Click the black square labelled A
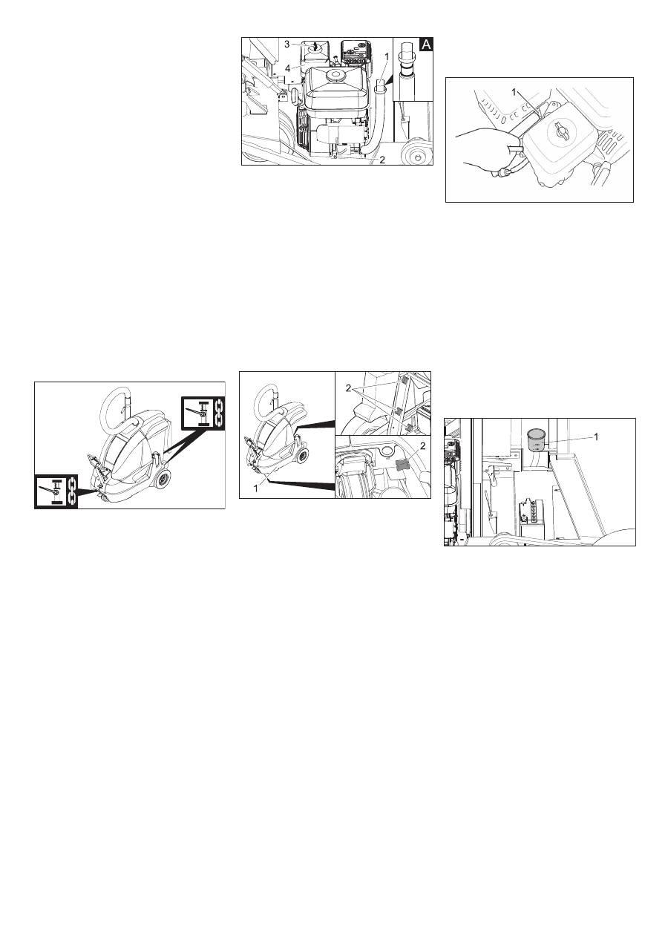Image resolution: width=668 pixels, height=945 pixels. tap(426, 45)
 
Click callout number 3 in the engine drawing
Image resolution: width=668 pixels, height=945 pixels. tap(286, 45)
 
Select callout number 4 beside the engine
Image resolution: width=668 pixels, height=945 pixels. tap(286, 68)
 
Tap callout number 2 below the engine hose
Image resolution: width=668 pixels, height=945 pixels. tap(382, 160)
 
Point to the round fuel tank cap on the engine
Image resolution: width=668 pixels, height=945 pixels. tap(335, 76)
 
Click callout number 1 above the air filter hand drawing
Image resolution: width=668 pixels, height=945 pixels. tap(514, 91)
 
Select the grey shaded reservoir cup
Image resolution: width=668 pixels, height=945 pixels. tap(537, 440)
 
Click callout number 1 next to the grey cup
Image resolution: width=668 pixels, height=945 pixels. tap(596, 437)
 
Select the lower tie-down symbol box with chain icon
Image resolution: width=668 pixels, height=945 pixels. tap(56, 491)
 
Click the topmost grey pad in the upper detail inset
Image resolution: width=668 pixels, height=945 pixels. tap(403, 382)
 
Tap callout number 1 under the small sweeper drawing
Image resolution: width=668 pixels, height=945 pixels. tap(255, 488)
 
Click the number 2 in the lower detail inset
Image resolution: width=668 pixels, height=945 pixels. tap(422, 446)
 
